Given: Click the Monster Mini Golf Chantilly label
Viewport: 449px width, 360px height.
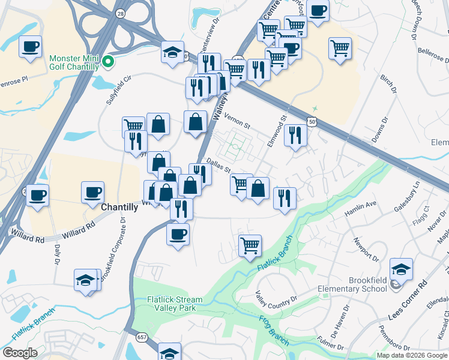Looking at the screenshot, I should click(x=74, y=62).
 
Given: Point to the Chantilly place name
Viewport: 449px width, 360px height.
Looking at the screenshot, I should click(x=120, y=206).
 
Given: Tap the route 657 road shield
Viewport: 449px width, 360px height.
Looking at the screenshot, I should click(x=142, y=338).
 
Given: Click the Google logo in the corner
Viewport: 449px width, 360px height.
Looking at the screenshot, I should click(x=20, y=353).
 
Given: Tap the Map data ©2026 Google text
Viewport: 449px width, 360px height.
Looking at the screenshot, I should click(x=411, y=355).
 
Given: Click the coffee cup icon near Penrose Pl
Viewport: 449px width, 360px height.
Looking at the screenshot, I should click(x=30, y=47).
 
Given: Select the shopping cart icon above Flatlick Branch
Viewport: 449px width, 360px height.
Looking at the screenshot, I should click(x=250, y=245).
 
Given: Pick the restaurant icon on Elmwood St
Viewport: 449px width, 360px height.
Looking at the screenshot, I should click(x=295, y=135).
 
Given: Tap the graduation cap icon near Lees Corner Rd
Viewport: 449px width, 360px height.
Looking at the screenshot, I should click(x=401, y=270).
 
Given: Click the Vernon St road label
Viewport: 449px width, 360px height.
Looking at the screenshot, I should click(x=236, y=121).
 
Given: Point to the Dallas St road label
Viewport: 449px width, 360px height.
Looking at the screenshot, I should click(x=218, y=165).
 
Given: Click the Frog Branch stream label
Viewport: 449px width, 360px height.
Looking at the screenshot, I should click(x=274, y=330).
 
